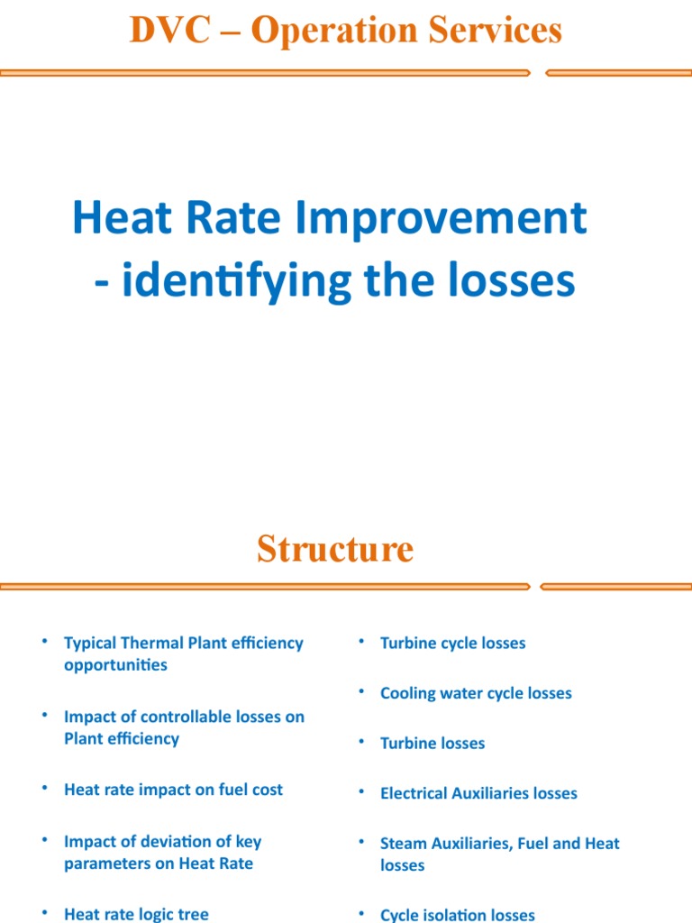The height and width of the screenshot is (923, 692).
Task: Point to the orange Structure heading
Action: pyautogui.click(x=335, y=548)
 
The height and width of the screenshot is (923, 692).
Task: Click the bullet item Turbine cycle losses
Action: pyautogui.click(x=452, y=643)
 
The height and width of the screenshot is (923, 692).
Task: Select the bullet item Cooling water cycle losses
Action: pyautogui.click(x=476, y=693)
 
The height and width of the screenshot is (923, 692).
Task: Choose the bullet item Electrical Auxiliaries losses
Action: pyautogui.click(x=478, y=793)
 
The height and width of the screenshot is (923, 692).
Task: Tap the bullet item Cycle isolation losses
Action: pyautogui.click(x=457, y=915)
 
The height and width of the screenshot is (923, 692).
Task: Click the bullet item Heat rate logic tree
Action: pyautogui.click(x=136, y=914)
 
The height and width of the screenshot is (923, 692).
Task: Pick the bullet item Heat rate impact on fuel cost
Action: pyautogui.click(x=173, y=790)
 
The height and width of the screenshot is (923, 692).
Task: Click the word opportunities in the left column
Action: pyautogui.click(x=115, y=665)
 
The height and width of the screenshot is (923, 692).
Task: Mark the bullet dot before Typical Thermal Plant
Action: pyautogui.click(x=43, y=641)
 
